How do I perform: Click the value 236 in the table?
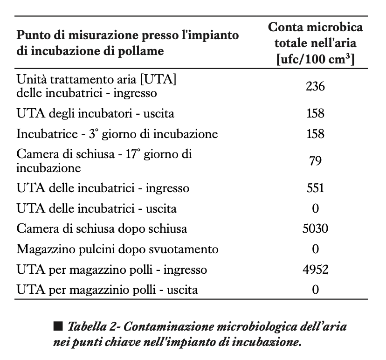315,86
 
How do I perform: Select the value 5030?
315,229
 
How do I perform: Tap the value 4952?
315,270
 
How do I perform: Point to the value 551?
315,188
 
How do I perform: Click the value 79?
315,161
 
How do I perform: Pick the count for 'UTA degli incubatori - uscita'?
315,113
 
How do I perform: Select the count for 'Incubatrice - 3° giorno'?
315,134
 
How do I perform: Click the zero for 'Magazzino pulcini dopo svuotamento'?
315,249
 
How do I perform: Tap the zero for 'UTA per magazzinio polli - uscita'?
315,290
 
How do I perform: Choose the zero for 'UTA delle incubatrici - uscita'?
315,208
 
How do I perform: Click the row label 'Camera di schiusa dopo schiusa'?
102,229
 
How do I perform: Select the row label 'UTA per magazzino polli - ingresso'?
111,270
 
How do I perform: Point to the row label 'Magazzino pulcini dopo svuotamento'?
117,249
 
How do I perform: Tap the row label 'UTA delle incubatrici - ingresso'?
103,188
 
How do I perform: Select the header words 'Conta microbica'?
315,28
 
